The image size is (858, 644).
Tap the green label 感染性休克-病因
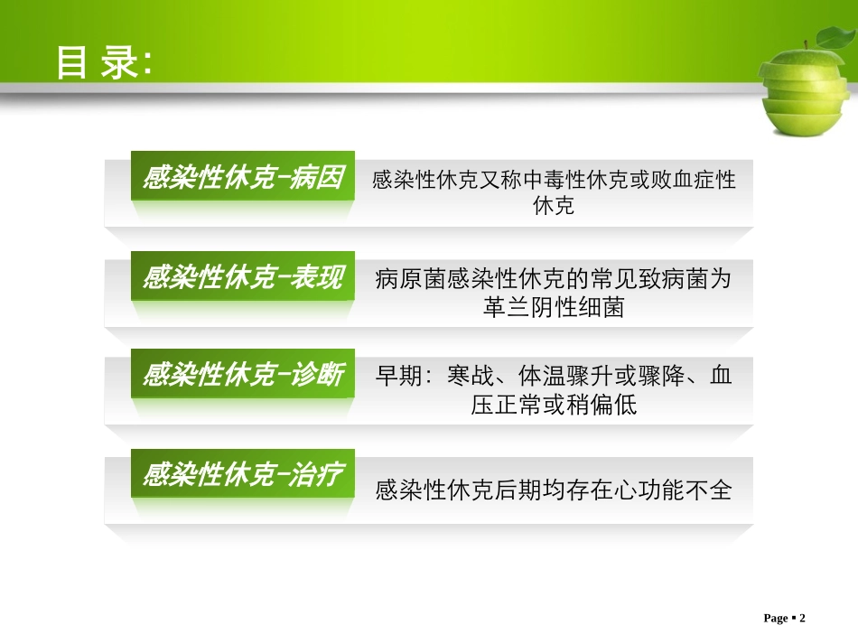pos(243,179)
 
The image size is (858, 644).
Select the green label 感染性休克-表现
pos(243,278)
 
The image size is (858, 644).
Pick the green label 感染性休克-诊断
pos(243,375)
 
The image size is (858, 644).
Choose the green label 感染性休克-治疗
pos(243,474)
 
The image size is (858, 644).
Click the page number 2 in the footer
pos(801,618)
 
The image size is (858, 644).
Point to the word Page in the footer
pos(775,618)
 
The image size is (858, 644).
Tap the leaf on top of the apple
pos(833,38)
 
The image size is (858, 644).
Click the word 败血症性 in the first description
pos(691,180)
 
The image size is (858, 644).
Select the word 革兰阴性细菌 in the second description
pos(554,307)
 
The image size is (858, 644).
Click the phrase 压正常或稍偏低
pos(554,405)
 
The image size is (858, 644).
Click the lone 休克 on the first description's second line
pos(554,207)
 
